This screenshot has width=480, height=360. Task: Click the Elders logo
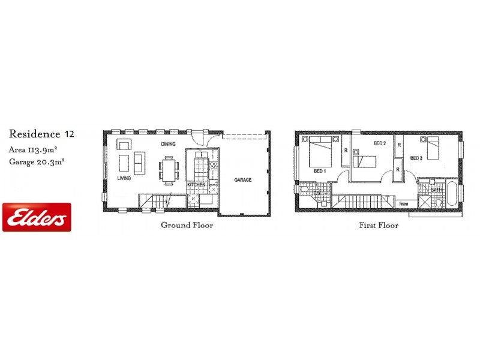point(37,217)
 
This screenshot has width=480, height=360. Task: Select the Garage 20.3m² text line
point(37,161)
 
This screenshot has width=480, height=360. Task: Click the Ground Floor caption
point(187,226)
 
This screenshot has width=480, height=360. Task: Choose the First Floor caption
point(379,226)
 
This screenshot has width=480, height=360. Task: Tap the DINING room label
point(167,145)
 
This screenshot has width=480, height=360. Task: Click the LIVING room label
point(124,178)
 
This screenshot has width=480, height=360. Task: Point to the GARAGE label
point(243,180)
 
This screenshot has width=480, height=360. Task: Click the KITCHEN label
point(196,184)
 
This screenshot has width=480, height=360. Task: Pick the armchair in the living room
point(125,144)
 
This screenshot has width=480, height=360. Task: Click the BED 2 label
point(379,143)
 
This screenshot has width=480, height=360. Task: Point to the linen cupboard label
point(404,204)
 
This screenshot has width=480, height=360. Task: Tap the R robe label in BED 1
point(345,151)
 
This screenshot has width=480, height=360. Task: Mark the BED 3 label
point(416,158)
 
